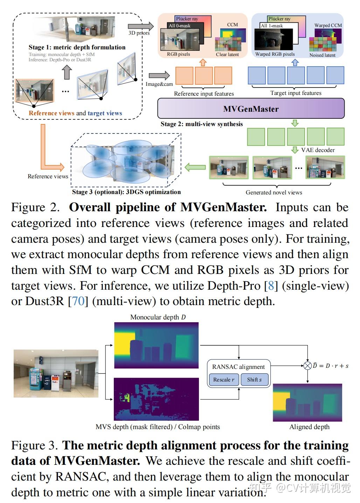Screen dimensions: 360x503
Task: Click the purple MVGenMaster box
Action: tap(251, 109)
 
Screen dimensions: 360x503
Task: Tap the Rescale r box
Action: tap(224, 379)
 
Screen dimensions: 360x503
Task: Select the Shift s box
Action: tap(255, 379)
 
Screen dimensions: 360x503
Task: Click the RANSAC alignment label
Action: tap(238, 367)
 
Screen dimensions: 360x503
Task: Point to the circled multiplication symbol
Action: tap(307, 366)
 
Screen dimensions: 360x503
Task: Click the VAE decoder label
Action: tap(318, 150)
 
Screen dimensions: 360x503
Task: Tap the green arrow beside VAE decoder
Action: tap(295, 150)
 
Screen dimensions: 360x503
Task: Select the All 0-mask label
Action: tap(179, 26)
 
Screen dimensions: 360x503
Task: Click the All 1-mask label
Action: tap(271, 26)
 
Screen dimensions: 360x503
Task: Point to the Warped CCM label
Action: tap(328, 25)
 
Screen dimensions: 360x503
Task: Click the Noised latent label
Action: tap(322, 55)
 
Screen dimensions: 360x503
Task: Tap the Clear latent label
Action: tap(227, 54)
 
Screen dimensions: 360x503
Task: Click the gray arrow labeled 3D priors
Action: tap(141, 27)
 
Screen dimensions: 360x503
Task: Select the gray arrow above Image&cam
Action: tap(159, 75)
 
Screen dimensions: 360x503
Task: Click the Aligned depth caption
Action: tap(309, 427)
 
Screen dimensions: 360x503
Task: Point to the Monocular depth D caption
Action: tap(158, 317)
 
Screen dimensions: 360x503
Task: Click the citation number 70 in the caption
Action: tap(78, 301)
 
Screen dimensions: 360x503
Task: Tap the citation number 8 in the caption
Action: tap(271, 285)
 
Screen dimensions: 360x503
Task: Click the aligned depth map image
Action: tap(307, 402)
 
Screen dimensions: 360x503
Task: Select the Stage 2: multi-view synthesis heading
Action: tap(202, 124)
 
